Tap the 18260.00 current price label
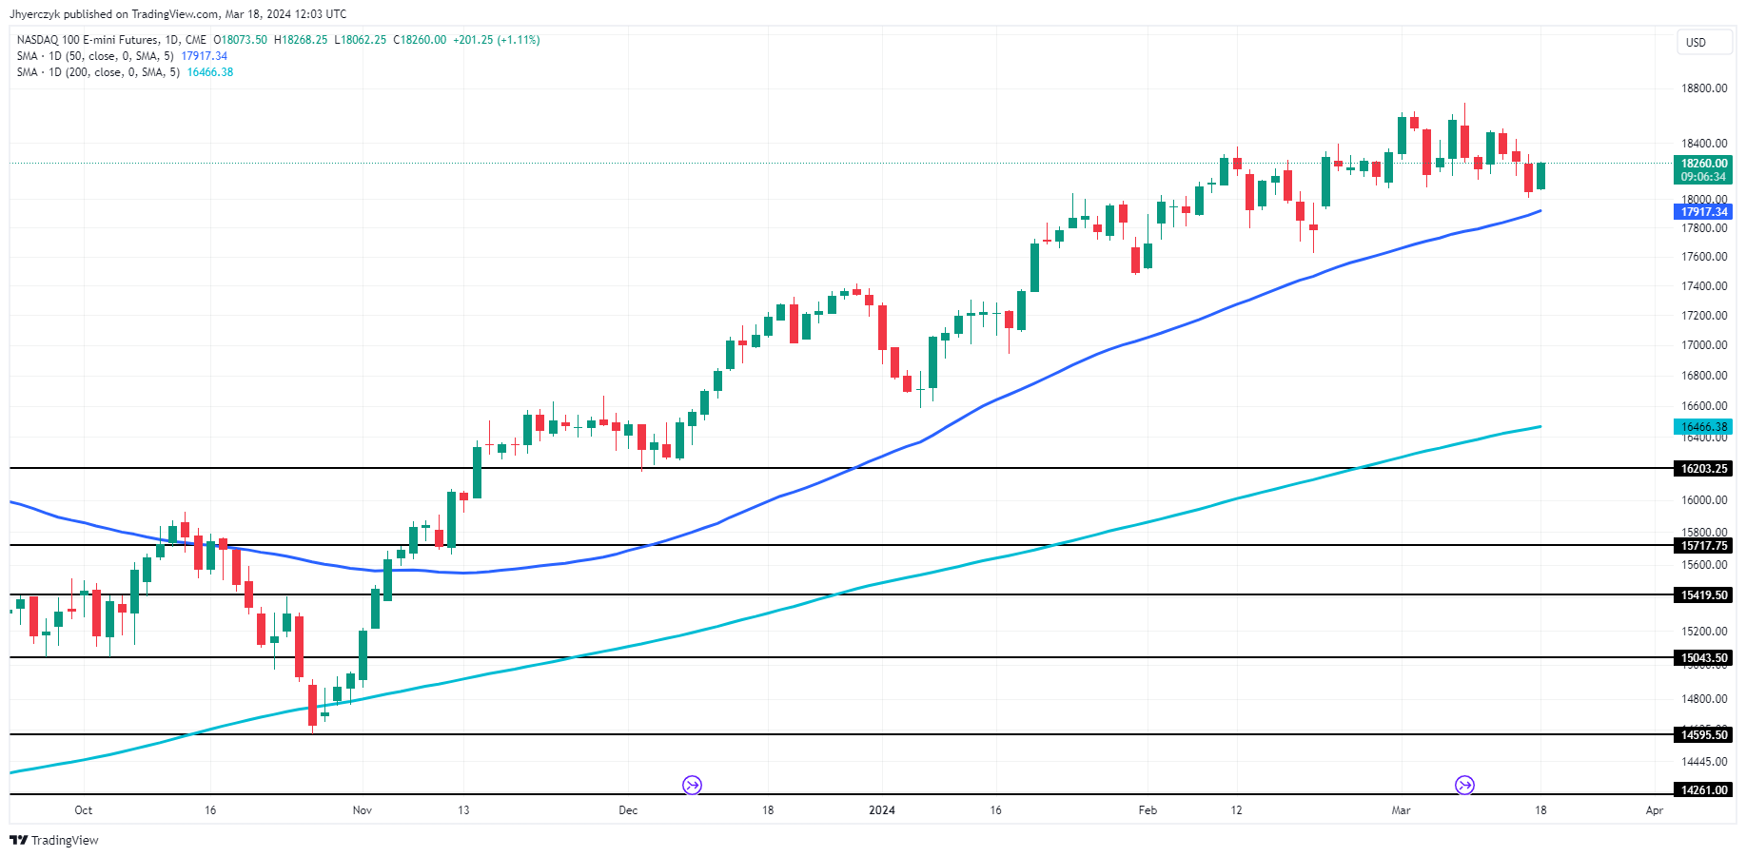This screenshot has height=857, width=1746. pos(1703,164)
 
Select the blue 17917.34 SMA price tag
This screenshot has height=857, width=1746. pos(1703,212)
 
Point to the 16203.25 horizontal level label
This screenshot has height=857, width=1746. pos(1703,469)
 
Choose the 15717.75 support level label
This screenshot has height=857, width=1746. pos(1703,546)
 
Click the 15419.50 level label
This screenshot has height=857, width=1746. pos(1703,595)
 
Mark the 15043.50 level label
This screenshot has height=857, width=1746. pos(1703,658)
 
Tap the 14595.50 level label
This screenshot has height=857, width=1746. pos(1703,735)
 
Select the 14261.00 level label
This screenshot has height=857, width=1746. pos(1703,790)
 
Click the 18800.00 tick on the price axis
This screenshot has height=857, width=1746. pos(1703,88)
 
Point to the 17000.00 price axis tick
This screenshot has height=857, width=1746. pos(1703,345)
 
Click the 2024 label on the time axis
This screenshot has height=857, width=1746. pos(882,810)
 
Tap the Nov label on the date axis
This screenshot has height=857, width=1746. pos(362,810)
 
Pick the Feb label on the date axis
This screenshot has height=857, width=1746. pos(1148,810)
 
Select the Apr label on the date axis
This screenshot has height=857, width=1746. pos(1655,810)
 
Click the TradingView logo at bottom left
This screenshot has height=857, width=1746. pos(54,840)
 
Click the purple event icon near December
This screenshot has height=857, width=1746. pos(692,785)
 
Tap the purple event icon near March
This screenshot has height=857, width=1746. pos(1464,785)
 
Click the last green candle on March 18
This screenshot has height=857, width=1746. pos(1540,176)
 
